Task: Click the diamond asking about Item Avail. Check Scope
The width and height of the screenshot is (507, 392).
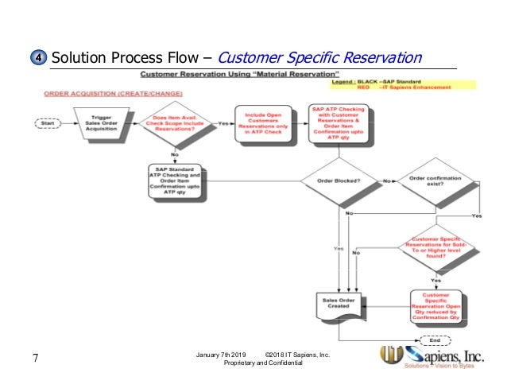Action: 176,124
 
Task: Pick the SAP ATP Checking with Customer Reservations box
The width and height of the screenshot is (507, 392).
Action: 339,124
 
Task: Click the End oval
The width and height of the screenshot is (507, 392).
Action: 436,339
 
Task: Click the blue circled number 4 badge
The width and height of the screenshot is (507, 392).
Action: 39,59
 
